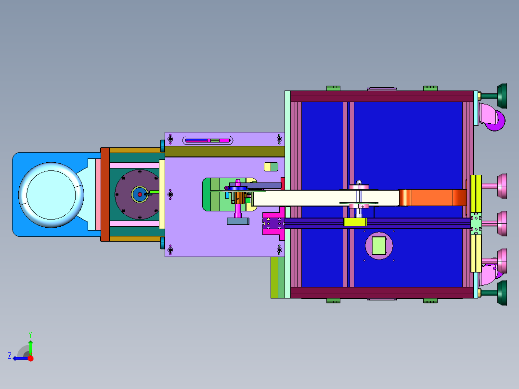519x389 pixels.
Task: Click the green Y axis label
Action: [x=30, y=335]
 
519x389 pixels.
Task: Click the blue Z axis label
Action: [x=10, y=356]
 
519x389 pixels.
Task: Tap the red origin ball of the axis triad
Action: [x=30, y=358]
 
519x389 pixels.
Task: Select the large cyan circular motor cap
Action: [x=51, y=195]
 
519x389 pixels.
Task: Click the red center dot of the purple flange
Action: [x=140, y=194]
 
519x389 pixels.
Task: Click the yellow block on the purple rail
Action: [x=355, y=222]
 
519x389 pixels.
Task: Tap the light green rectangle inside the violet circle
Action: [x=379, y=246]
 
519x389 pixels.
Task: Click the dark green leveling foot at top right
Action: [x=502, y=96]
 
